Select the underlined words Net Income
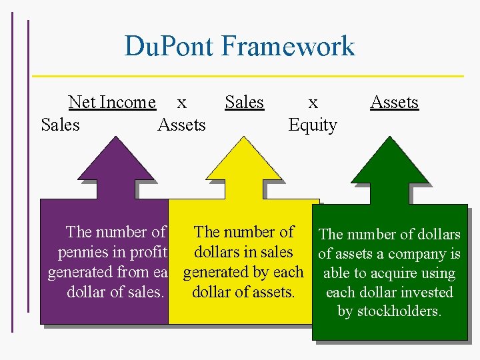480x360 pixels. click(112, 102)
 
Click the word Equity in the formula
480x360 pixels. click(313, 125)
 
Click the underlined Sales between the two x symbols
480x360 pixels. click(244, 102)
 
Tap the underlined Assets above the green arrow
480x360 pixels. click(394, 102)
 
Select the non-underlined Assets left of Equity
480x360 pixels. click(181, 125)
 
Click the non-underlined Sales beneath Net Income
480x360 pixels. click(60, 125)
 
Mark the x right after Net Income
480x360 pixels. click(181, 103)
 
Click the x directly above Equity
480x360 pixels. click(313, 103)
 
